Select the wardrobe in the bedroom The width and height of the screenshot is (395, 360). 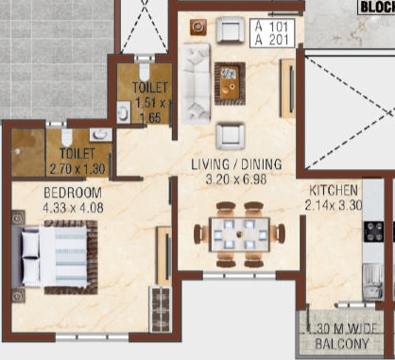(162, 305)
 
